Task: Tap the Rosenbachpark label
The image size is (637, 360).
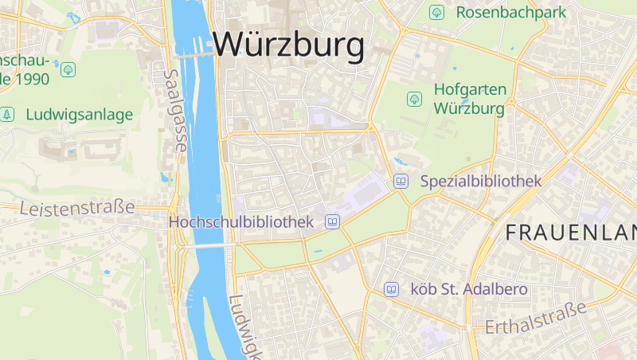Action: [x=510, y=12]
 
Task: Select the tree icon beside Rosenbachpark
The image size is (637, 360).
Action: [x=436, y=12]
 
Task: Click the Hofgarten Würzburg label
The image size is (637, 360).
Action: [x=470, y=99]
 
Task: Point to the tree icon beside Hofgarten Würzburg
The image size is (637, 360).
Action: [x=414, y=99]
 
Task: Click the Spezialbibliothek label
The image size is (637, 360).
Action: [x=481, y=182]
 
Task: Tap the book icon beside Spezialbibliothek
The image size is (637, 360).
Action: [x=401, y=182]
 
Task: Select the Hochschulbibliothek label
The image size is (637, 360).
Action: [x=241, y=222]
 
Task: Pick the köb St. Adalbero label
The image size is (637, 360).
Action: [x=468, y=289]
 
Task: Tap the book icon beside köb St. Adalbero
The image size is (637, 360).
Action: [x=391, y=289]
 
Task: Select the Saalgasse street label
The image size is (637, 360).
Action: [x=174, y=110]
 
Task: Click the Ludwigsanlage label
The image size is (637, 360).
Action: [x=79, y=115]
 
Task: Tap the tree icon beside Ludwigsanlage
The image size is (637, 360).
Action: [x=8, y=115]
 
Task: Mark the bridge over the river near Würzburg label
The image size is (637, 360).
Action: [x=195, y=55]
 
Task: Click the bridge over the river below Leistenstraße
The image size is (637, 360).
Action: [x=204, y=246]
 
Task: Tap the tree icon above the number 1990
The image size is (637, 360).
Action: [x=68, y=69]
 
